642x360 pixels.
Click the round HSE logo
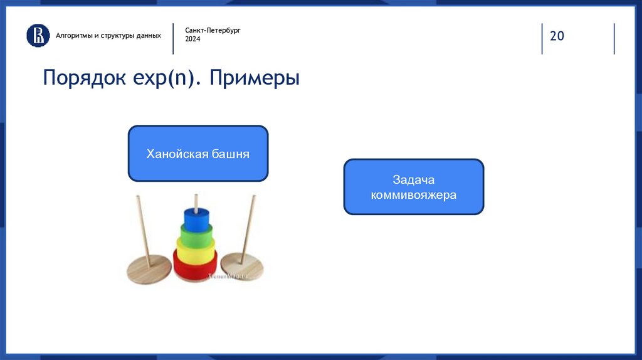click(x=38, y=35)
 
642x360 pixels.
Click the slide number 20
click(x=557, y=36)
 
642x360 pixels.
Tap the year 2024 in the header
click(x=192, y=39)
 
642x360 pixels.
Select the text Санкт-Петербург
click(x=213, y=30)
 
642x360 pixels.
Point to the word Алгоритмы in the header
click(x=74, y=36)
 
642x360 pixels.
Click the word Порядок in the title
click(x=85, y=77)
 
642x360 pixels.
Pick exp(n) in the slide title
click(x=163, y=78)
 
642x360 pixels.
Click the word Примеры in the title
click(x=255, y=78)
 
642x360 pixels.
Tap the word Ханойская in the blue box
click(x=177, y=154)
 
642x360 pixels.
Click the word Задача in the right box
click(x=414, y=180)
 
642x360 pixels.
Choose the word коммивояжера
click(x=414, y=195)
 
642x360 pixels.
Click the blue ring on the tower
click(x=196, y=219)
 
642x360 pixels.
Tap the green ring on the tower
click(x=196, y=235)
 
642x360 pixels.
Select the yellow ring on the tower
click(x=196, y=250)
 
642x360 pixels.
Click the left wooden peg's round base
click(x=149, y=269)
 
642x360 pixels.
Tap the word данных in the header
click(x=149, y=36)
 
